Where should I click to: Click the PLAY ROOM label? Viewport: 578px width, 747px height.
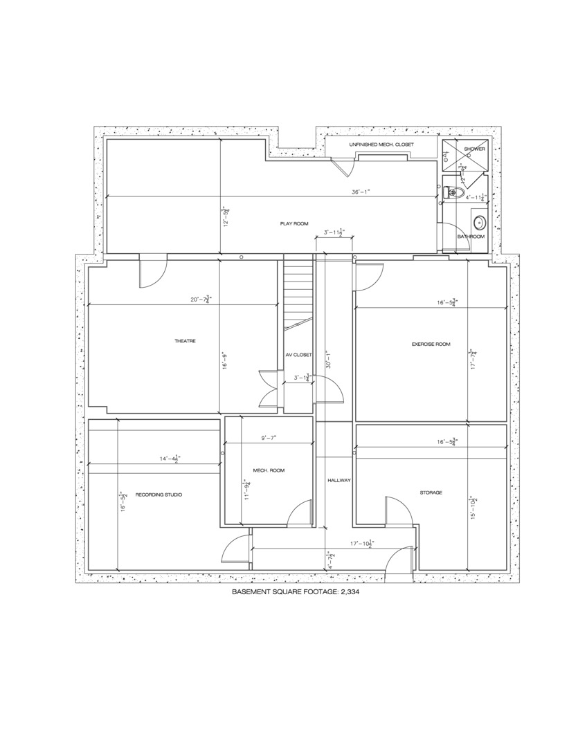[294, 223]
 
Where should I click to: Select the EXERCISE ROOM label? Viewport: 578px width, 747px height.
[431, 344]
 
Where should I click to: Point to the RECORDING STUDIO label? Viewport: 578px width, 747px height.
[159, 494]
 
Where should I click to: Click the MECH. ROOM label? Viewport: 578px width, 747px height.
[269, 470]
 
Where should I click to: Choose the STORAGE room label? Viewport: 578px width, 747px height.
[431, 492]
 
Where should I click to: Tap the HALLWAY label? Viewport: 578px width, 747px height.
[339, 480]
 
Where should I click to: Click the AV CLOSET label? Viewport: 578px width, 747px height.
[298, 355]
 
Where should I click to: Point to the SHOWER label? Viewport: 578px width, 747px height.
[474, 149]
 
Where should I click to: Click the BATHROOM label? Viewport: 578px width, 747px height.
[471, 237]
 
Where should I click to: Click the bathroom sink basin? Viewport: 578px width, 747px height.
[479, 223]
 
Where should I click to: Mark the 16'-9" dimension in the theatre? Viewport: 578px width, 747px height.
[224, 361]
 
